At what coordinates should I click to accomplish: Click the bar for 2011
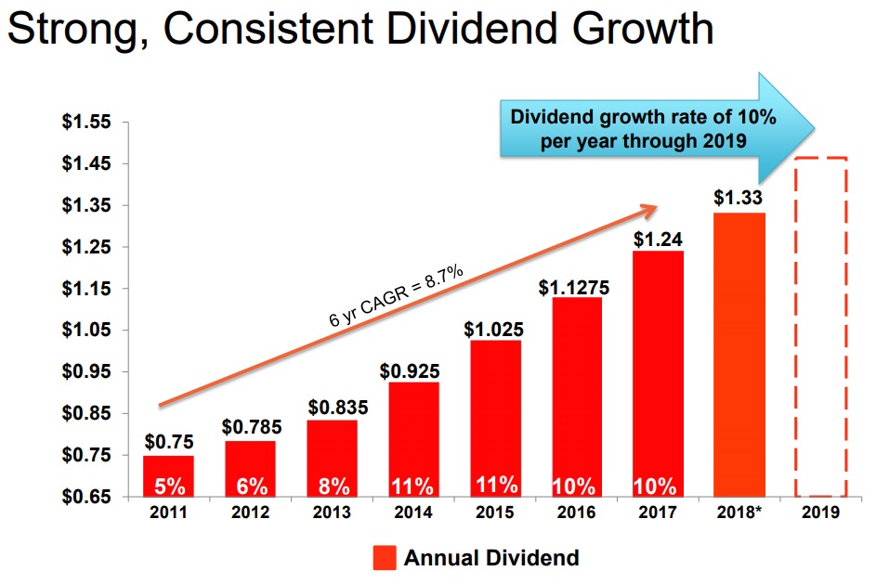pos(168,475)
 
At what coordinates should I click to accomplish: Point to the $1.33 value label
pos(739,198)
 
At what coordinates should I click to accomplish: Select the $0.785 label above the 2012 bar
pos(251,427)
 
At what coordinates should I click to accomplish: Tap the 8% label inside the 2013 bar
pos(333,486)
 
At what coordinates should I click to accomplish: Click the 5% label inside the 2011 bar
pos(168,486)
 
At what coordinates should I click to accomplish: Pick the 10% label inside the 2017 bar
pos(657,486)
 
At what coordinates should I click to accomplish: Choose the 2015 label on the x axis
pos(494,513)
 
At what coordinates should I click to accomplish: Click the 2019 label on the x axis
pos(821,513)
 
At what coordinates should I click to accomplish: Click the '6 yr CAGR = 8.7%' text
pos(397,295)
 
